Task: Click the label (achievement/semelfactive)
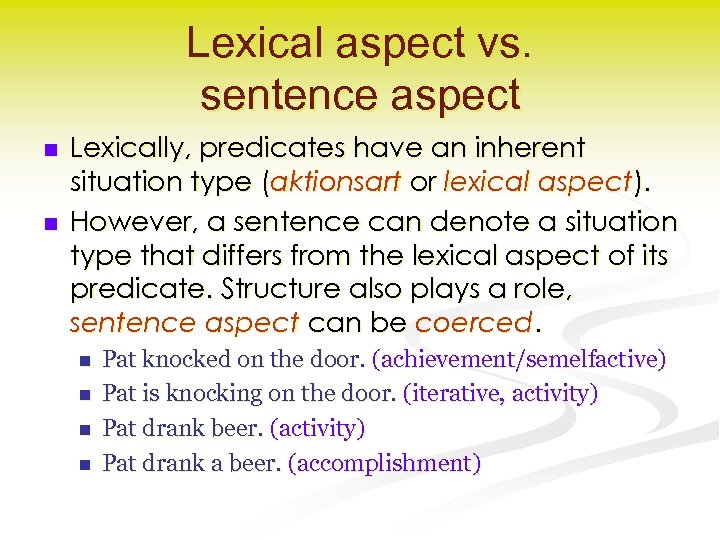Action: (x=519, y=359)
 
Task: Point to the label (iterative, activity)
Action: (x=500, y=394)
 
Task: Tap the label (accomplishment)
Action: (x=384, y=463)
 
